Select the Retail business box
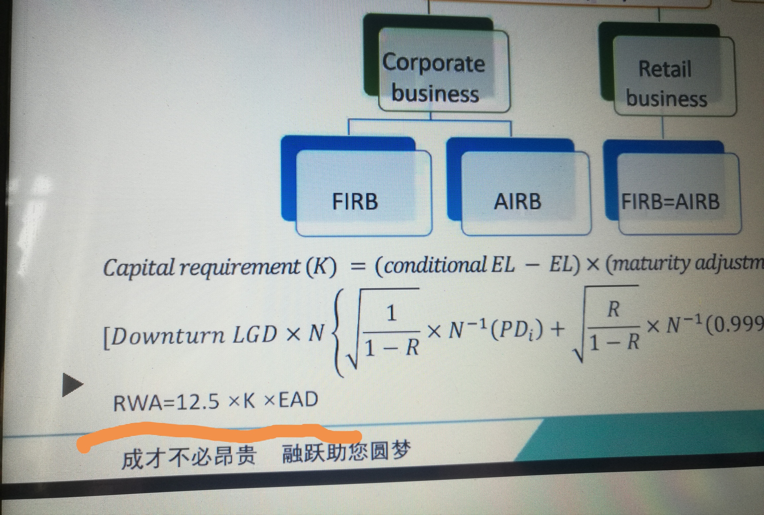click(674, 76)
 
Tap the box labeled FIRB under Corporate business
click(364, 193)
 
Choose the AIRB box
click(526, 193)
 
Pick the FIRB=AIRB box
click(679, 194)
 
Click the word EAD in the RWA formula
click(298, 399)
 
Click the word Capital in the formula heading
click(139, 268)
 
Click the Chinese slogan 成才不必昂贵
click(189, 457)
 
